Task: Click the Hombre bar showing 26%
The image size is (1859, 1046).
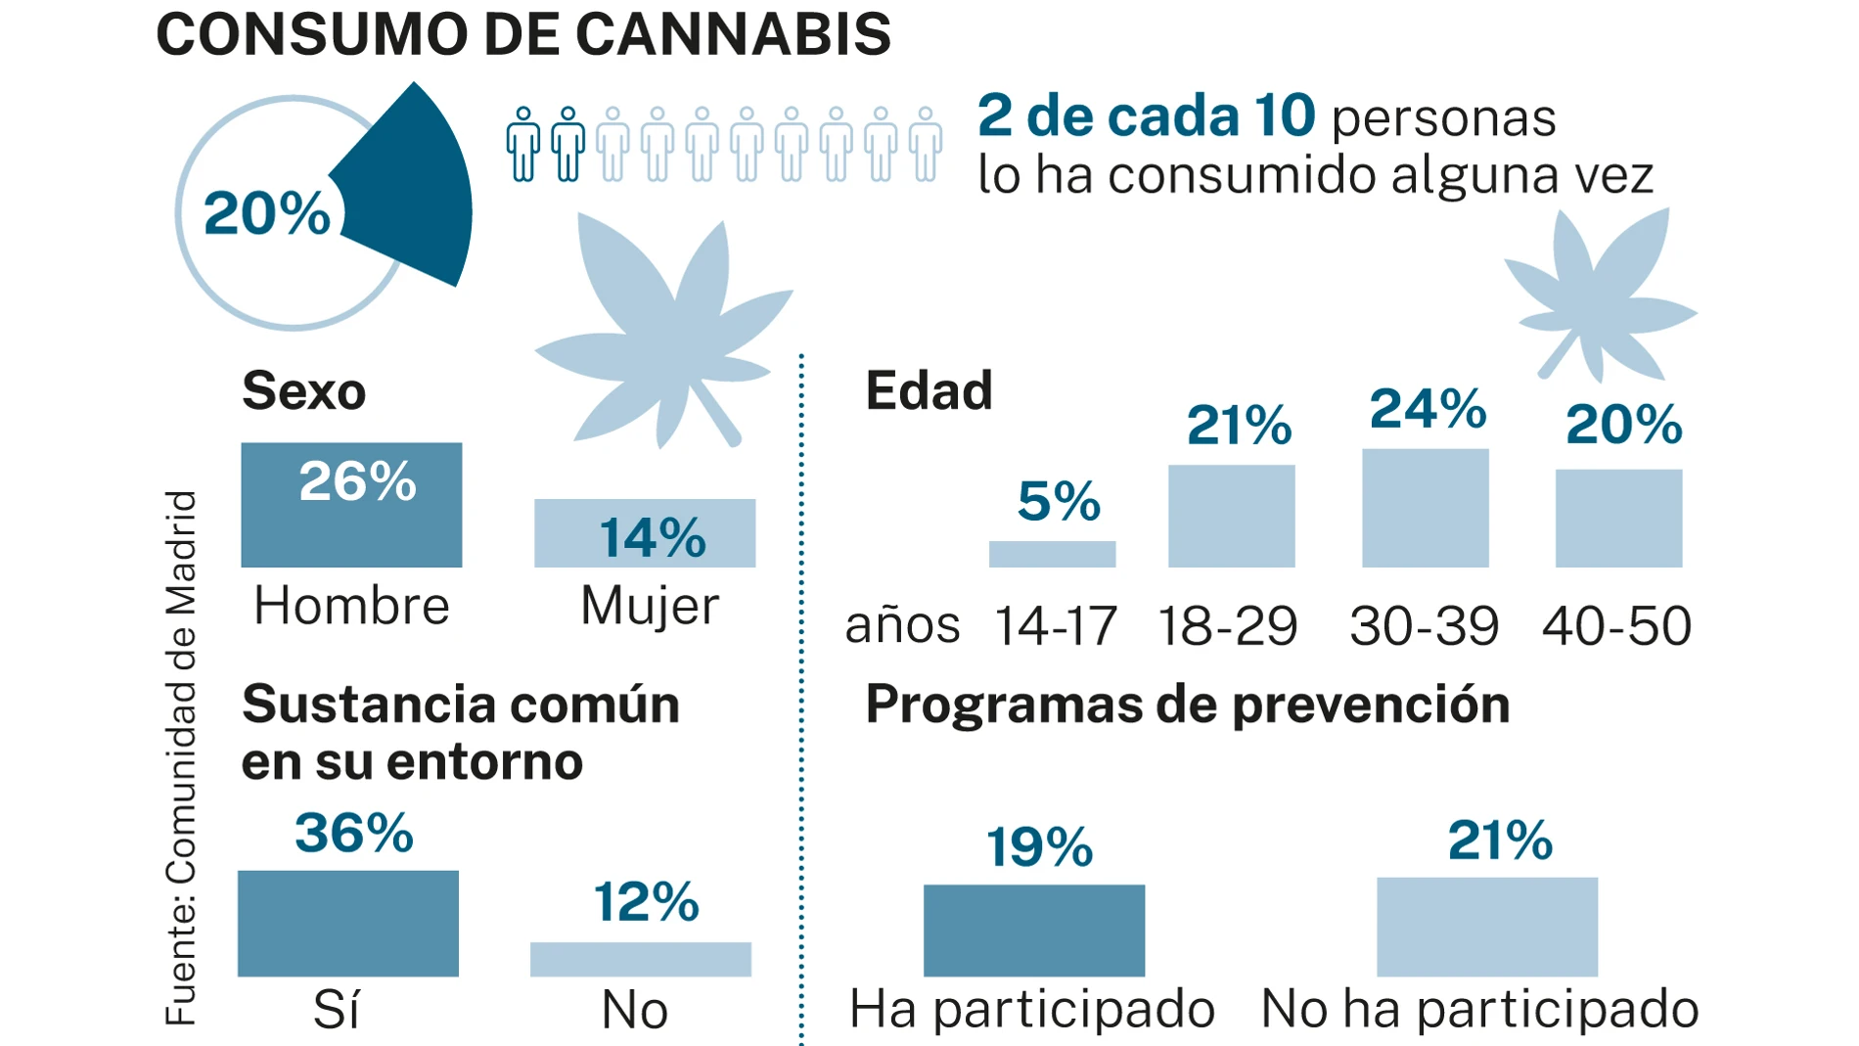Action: [351, 505]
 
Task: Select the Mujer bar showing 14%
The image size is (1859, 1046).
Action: [645, 533]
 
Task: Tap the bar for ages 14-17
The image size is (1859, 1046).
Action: [1052, 555]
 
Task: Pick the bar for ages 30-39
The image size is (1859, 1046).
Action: [1425, 509]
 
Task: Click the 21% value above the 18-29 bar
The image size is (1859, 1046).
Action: [1239, 426]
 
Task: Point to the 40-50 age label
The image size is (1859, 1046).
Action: [1616, 626]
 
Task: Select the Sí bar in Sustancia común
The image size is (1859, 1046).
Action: [347, 923]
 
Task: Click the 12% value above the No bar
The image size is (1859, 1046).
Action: [646, 902]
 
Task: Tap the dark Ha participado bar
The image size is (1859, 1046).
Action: [1034, 930]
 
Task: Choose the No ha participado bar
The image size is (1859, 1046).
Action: [1486, 927]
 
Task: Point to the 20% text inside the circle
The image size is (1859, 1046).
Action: [266, 213]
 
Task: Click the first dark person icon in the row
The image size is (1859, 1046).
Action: [523, 145]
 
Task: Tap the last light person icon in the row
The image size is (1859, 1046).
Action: [925, 145]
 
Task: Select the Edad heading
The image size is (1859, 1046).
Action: [929, 390]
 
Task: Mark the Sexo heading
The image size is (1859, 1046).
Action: [303, 390]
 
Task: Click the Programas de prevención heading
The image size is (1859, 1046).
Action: [1187, 705]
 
